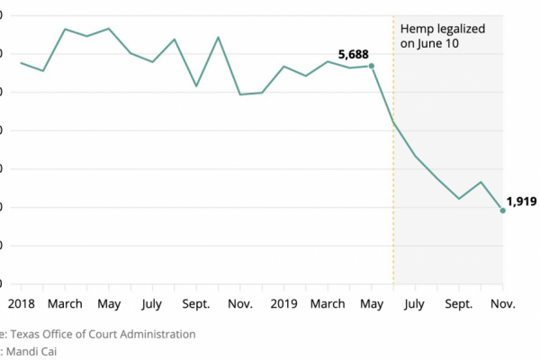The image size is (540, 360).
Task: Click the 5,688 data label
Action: coord(354,55)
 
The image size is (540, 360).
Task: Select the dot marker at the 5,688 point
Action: coord(372,66)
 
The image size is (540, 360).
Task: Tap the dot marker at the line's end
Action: coord(502,210)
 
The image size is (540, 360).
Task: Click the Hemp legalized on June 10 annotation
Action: coord(443,36)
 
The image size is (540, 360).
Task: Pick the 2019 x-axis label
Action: coord(284,304)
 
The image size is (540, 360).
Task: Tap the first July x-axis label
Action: coord(152,304)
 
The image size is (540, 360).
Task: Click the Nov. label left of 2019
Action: coord(239,304)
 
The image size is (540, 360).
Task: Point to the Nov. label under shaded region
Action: coord(502,304)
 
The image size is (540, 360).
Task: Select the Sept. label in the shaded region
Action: coord(458,304)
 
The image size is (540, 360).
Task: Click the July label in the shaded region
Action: coord(415,304)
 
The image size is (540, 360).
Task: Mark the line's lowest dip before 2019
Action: coord(240,94)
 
